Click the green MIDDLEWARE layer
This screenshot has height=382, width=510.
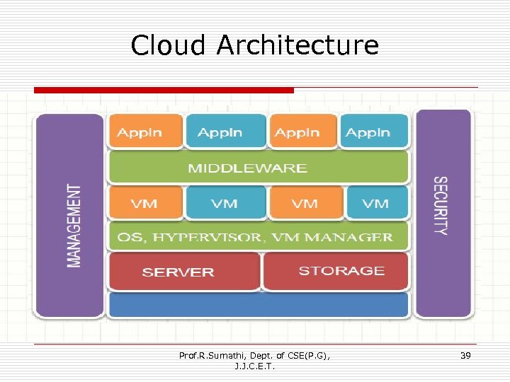coord(258,168)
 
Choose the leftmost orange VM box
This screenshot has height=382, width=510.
coord(144,203)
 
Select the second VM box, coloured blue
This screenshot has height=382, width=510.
coord(225,203)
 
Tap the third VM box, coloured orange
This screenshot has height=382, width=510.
coord(305,203)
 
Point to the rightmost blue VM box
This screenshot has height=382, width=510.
coord(377,203)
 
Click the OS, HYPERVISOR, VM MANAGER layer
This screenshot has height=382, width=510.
coord(258,237)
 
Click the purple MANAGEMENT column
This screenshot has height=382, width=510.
coord(70,216)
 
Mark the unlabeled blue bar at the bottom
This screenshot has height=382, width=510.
coord(258,305)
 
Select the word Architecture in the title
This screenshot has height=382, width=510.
coord(297,45)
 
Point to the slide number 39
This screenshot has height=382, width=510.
coord(465,355)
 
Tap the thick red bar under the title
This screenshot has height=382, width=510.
coord(164,90)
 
